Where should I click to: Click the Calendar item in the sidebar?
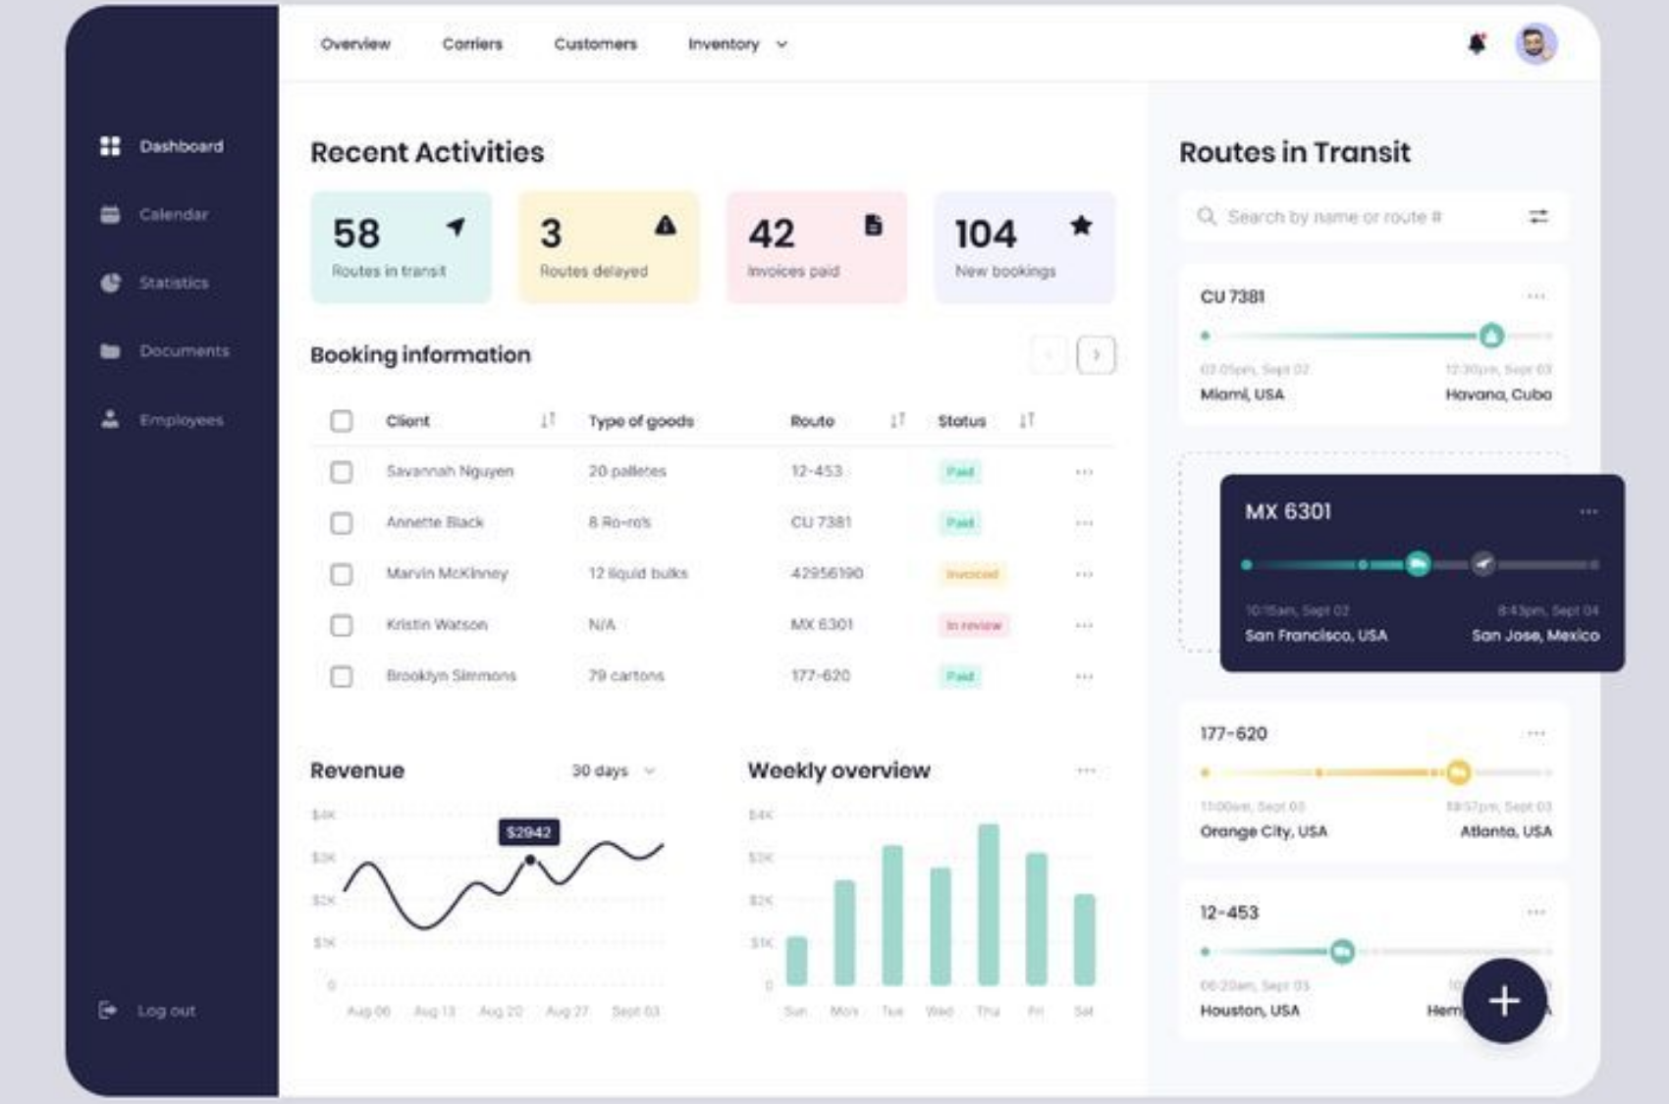coord(173,214)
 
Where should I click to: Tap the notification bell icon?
coord(1477,44)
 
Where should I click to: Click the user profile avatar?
coord(1535,44)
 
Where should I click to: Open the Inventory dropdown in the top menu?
coord(737,44)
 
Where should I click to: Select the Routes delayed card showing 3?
coord(609,247)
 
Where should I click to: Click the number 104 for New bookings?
coord(986,235)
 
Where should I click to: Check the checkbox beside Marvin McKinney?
coord(341,574)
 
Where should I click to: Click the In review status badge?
coord(973,625)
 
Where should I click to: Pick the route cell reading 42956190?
coord(827,573)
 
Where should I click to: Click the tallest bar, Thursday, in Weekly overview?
coord(989,904)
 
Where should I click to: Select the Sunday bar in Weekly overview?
coord(796,960)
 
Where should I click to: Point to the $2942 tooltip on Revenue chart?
coord(528,832)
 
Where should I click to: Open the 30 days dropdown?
coord(613,770)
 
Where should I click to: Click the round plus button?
coord(1504,1001)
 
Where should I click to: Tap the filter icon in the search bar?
coord(1538,217)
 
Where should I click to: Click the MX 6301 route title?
coord(1288,511)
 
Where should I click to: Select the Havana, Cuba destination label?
coord(1498,394)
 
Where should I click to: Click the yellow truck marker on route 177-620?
coord(1458,772)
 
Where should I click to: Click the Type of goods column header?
coord(641,421)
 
